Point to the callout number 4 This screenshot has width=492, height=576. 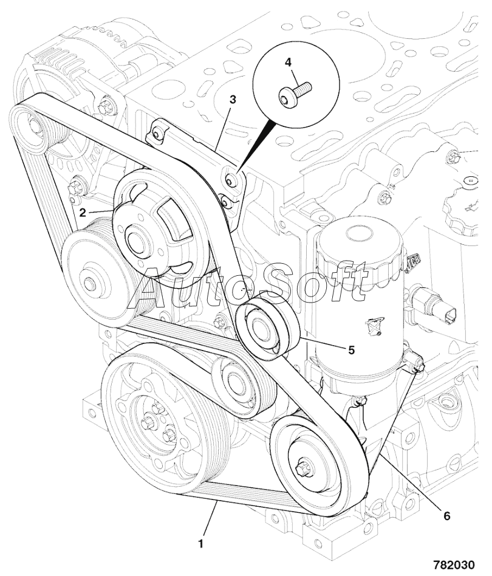click(288, 61)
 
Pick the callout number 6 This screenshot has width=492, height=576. click(447, 516)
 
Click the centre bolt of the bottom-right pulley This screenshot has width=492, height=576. click(302, 468)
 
